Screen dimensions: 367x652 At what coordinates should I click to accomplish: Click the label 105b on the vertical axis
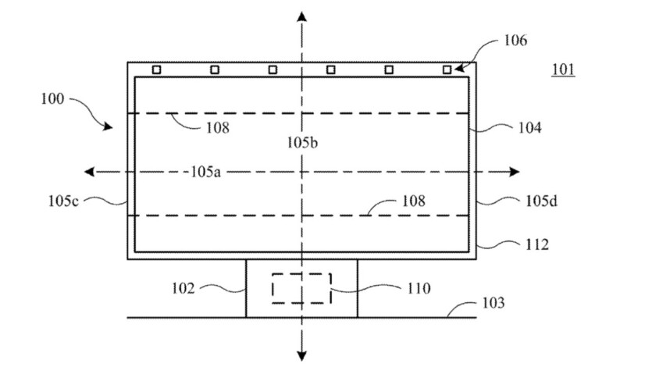click(301, 143)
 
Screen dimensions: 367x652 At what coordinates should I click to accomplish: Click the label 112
click(535, 245)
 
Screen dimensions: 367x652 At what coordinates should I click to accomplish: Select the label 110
click(418, 288)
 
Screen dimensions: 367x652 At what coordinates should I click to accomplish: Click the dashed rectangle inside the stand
click(301, 288)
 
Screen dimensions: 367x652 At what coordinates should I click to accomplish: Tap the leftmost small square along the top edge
click(156, 69)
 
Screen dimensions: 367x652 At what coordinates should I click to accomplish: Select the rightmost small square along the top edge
click(447, 69)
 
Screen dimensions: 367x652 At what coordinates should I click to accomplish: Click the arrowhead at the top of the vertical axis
click(301, 16)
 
